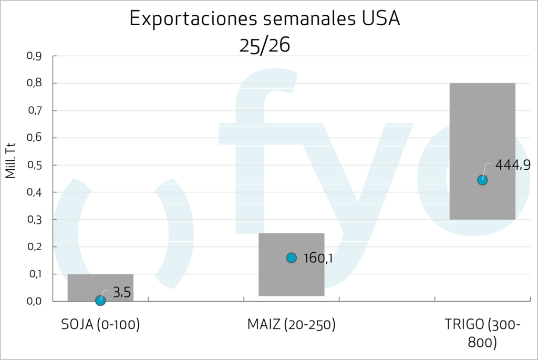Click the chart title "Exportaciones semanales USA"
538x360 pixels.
click(x=265, y=19)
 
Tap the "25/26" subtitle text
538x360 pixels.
click(x=265, y=45)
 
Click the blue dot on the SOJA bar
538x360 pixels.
click(x=100, y=300)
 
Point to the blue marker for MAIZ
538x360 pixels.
click(x=292, y=258)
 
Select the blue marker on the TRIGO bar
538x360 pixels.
click(x=482, y=180)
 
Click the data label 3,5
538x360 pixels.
click(x=122, y=293)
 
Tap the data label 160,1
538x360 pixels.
click(x=318, y=259)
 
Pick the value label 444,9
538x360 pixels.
click(x=513, y=165)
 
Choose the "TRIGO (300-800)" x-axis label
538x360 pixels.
click(x=482, y=334)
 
